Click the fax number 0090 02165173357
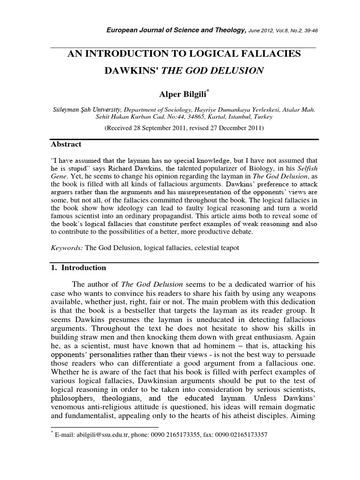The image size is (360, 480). point(240,435)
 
